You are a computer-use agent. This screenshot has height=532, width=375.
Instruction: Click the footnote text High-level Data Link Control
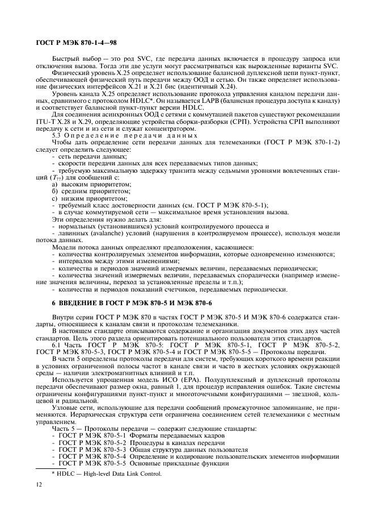(x=125, y=474)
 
